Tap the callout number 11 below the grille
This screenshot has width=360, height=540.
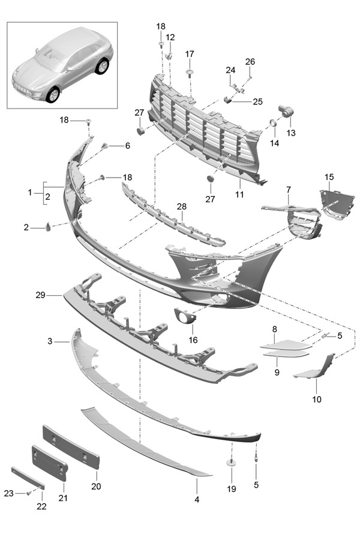[x=239, y=195]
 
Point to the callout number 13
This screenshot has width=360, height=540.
[x=291, y=133]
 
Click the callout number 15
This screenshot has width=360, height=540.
[x=329, y=177]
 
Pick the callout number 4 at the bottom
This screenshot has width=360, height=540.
[x=197, y=499]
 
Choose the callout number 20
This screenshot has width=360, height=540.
[x=96, y=487]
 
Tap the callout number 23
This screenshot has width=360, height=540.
[x=8, y=493]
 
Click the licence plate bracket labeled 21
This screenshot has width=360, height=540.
[x=49, y=461]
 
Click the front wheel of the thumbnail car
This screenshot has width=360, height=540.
[x=53, y=94]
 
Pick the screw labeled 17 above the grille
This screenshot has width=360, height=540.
[x=190, y=73]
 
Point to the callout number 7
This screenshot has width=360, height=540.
[x=289, y=190]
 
